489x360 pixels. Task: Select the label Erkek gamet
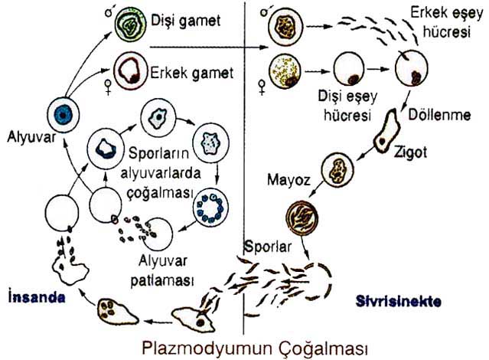tap(191, 73)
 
